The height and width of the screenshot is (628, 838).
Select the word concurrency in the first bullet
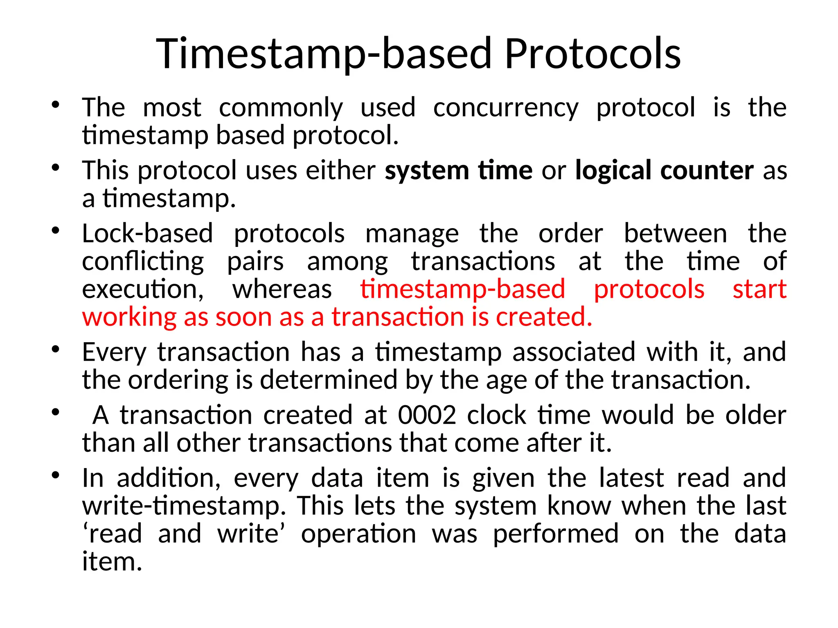pyautogui.click(x=506, y=108)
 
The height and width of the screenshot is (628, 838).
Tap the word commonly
pyautogui.click(x=281, y=108)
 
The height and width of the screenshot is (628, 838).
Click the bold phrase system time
pyautogui.click(x=458, y=170)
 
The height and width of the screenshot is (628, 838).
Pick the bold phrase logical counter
pyautogui.click(x=664, y=170)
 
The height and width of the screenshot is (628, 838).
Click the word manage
pyautogui.click(x=412, y=234)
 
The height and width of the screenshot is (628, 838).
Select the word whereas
pyautogui.click(x=282, y=289)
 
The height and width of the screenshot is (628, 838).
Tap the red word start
pyautogui.click(x=759, y=289)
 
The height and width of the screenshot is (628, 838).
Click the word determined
pyautogui.click(x=328, y=380)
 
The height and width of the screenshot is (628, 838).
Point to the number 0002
pyautogui.click(x=427, y=415)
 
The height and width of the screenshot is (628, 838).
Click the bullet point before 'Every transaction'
pyautogui.click(x=56, y=350)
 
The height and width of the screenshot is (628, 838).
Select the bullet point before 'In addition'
pyautogui.click(x=56, y=475)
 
